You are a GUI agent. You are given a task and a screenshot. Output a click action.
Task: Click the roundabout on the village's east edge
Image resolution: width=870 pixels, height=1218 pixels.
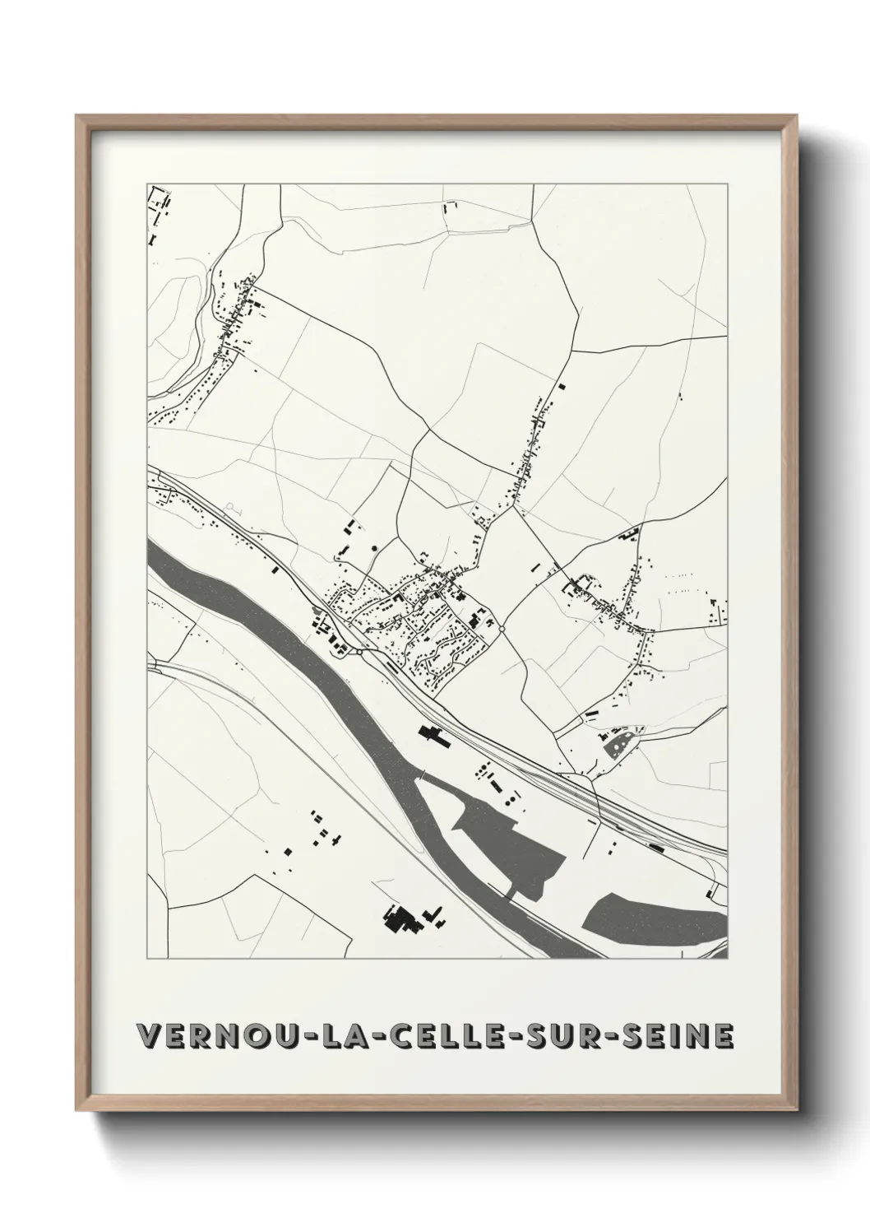(501, 630)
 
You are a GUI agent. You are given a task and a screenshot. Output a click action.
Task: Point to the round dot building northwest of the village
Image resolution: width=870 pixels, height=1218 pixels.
(375, 546)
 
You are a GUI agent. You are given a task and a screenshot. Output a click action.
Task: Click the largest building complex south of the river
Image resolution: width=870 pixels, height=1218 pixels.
(402, 918)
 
